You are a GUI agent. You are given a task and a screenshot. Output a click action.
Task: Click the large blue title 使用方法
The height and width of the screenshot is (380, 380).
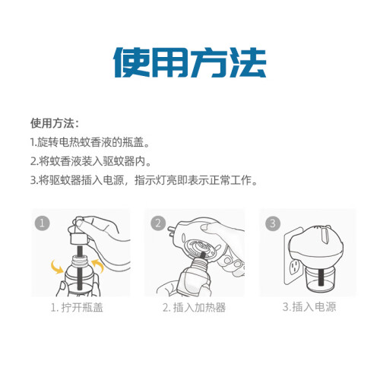[189, 62]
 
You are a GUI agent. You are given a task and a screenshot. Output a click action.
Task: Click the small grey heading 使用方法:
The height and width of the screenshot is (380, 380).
[55, 123]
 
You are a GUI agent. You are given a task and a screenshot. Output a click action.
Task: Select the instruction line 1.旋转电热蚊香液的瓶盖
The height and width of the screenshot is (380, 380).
[90, 142]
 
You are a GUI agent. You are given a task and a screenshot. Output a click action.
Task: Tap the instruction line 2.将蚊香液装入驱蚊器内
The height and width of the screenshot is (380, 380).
[90, 161]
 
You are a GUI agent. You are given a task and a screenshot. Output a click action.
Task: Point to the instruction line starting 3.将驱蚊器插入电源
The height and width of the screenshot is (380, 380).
[144, 180]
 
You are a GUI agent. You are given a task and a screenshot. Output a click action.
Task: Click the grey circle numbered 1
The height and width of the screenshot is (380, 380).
[42, 223]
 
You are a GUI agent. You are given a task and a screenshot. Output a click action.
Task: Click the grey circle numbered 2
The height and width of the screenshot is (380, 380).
[158, 223]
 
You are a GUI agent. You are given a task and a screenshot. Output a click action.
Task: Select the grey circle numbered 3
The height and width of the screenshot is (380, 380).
[273, 223]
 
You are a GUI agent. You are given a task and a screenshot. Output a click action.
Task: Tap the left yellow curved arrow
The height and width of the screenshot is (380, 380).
[57, 267]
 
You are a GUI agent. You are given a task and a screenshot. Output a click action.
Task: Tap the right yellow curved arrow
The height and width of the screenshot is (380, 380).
[97, 265]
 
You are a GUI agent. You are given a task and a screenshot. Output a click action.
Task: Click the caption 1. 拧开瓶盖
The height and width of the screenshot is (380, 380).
[77, 308]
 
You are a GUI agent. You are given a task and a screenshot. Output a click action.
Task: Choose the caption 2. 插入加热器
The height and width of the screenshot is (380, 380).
[194, 308]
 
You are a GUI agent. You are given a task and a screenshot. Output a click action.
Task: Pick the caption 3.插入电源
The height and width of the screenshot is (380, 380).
[309, 307]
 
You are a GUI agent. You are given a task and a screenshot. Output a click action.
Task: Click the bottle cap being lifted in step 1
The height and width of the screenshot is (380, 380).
[80, 239]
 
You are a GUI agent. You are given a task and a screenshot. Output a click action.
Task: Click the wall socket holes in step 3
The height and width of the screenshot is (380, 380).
[295, 267]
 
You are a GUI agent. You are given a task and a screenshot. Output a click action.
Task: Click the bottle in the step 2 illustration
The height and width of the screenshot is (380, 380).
[193, 276]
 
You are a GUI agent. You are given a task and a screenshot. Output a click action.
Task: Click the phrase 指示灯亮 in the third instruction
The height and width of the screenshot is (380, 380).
[156, 180]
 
